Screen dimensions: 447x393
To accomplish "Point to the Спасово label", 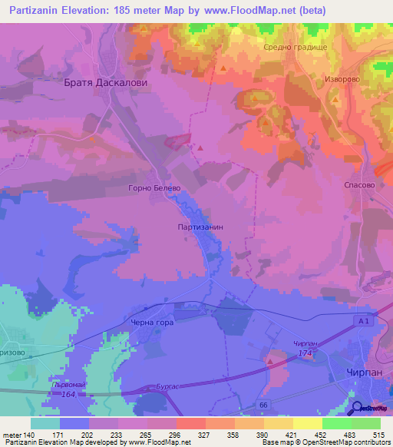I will (359, 185).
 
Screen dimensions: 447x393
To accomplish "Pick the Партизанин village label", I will (200, 227).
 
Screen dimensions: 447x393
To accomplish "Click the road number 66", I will (263, 404).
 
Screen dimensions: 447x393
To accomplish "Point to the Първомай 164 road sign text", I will (67, 390).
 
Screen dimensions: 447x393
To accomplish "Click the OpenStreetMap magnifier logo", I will (356, 408).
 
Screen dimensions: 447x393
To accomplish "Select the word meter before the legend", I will (12, 436).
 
